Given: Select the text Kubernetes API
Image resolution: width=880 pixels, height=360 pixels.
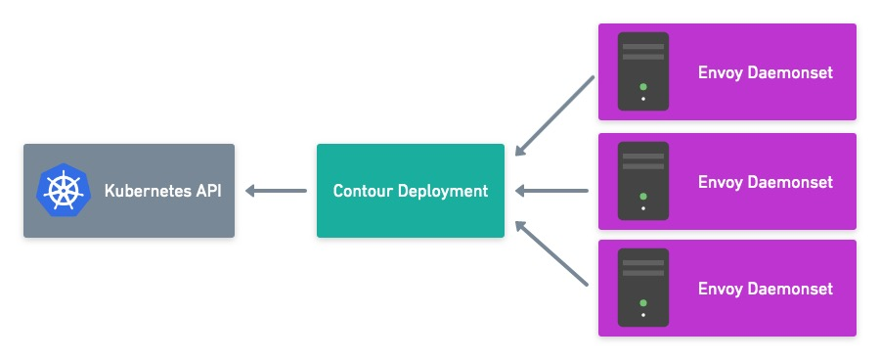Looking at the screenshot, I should pyautogui.click(x=162, y=191).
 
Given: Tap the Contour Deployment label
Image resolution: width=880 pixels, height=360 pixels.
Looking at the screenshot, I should pyautogui.click(x=410, y=191).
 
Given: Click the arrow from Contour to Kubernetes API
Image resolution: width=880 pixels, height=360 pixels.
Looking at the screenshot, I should pyautogui.click(x=276, y=191).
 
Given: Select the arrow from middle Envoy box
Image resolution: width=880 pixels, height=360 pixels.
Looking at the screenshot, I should pyautogui.click(x=551, y=191).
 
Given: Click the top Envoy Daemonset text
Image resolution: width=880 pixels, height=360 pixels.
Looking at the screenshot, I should pyautogui.click(x=765, y=72).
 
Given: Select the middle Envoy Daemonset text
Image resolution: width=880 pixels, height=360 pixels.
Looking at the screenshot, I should pyautogui.click(x=765, y=182).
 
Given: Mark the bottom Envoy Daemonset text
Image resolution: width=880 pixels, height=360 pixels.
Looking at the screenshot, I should pyautogui.click(x=765, y=289).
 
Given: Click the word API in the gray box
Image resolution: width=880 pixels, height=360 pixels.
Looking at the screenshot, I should pyautogui.click(x=207, y=191).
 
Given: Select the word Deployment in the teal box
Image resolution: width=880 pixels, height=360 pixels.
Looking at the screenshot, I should pyautogui.click(x=442, y=191).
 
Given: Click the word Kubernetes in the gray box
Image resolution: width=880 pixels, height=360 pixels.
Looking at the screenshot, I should pyautogui.click(x=147, y=191).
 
